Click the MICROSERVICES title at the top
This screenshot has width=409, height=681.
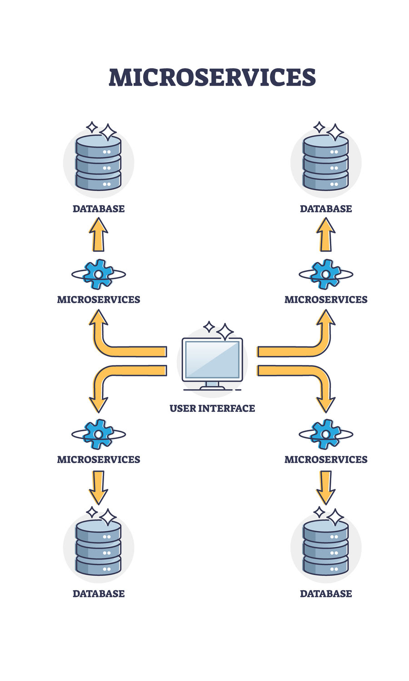212,78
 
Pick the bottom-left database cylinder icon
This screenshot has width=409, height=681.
99,547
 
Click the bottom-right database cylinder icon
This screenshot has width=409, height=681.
326,547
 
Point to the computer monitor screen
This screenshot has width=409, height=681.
212,359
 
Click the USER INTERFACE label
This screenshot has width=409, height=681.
212,408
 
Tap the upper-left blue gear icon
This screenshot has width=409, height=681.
99,274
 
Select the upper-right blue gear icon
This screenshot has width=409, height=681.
326,274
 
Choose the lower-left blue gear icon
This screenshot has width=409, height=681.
99,434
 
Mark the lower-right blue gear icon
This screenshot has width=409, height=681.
326,434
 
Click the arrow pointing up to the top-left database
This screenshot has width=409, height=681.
99,235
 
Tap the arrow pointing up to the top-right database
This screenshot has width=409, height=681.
326,235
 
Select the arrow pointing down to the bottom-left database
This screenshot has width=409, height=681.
99,487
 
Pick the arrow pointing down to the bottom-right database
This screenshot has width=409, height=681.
326,487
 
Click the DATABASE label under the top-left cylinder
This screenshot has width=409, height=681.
99,209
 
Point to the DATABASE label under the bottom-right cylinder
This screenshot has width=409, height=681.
326,594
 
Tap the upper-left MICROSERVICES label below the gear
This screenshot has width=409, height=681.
99,300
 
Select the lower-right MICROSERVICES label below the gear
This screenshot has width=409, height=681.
326,459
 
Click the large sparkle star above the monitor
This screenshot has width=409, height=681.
225,332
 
